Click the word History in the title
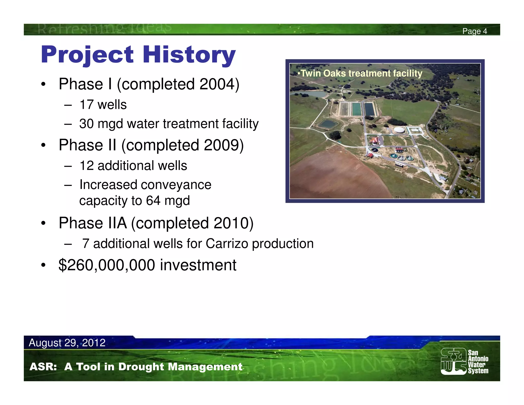[189, 55]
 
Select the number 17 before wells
[86, 105]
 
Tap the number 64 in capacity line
[153, 200]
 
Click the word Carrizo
[227, 243]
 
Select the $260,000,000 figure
[107, 265]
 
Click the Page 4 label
[474, 31]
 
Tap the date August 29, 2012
[67, 343]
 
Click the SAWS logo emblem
[453, 361]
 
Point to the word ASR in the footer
[43, 367]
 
